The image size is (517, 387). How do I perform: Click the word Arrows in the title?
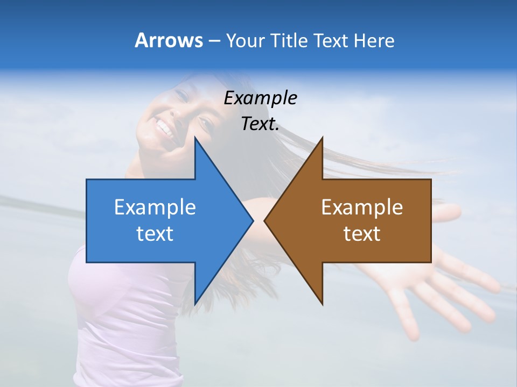pyautogui.click(x=169, y=40)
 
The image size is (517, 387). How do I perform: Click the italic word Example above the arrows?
pyautogui.click(x=261, y=98)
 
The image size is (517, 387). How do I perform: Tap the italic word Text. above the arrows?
pyautogui.click(x=261, y=124)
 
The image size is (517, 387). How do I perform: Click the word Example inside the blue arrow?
pyautogui.click(x=155, y=207)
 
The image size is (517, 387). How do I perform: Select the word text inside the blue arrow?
pyautogui.click(x=155, y=234)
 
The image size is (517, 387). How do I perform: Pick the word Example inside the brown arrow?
pyautogui.click(x=362, y=207)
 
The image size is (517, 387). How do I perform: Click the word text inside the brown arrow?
pyautogui.click(x=362, y=234)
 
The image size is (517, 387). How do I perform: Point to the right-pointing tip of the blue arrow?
pyautogui.click(x=253, y=220)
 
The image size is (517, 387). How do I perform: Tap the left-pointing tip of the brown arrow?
pyautogui.click(x=265, y=220)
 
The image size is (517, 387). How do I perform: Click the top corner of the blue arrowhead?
pyautogui.click(x=195, y=138)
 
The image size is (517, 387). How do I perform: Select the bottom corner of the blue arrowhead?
pyautogui.click(x=195, y=304)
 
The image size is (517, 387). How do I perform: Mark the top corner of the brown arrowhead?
pyautogui.click(x=322, y=138)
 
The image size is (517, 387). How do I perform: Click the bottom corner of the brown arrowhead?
pyautogui.click(x=322, y=304)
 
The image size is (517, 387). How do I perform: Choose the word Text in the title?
pyautogui.click(x=331, y=40)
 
